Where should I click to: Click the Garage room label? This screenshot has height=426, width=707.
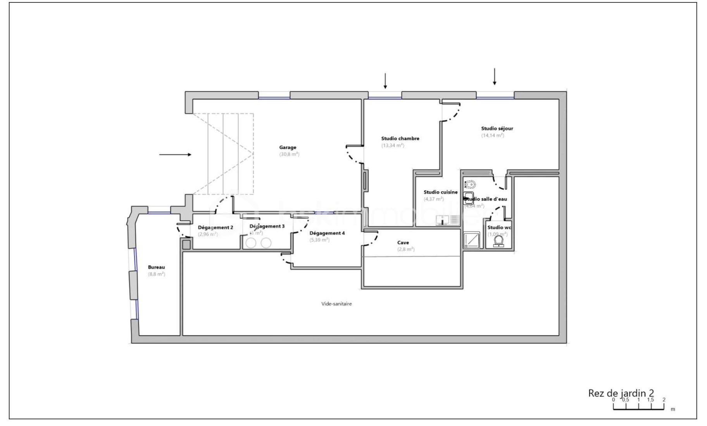point(288,147)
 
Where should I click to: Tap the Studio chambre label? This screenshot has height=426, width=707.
point(400,138)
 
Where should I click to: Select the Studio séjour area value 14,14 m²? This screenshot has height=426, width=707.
point(492,136)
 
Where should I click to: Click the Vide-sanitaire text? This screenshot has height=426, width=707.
point(336,304)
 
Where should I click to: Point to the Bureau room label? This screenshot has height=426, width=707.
point(156,267)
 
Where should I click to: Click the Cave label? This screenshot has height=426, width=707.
point(403,243)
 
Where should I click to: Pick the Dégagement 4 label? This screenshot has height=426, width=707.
point(327,233)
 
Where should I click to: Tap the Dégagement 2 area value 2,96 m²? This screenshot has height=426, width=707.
point(208,234)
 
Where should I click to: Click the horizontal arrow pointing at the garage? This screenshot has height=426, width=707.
point(175,155)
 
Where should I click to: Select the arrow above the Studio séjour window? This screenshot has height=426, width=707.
point(494,76)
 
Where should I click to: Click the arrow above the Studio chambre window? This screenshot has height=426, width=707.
point(385,81)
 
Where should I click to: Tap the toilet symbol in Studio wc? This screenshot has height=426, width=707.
point(498,241)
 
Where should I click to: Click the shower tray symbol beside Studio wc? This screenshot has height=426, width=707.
point(471,240)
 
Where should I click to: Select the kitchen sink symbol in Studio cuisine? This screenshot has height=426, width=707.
point(442,220)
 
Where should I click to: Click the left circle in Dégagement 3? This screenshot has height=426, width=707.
point(251,243)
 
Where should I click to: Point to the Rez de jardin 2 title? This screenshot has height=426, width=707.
point(621,393)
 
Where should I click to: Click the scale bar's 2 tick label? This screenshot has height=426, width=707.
point(664,400)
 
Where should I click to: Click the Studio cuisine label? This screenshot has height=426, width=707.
point(440,192)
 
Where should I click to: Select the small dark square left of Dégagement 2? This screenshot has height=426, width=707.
point(186,245)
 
